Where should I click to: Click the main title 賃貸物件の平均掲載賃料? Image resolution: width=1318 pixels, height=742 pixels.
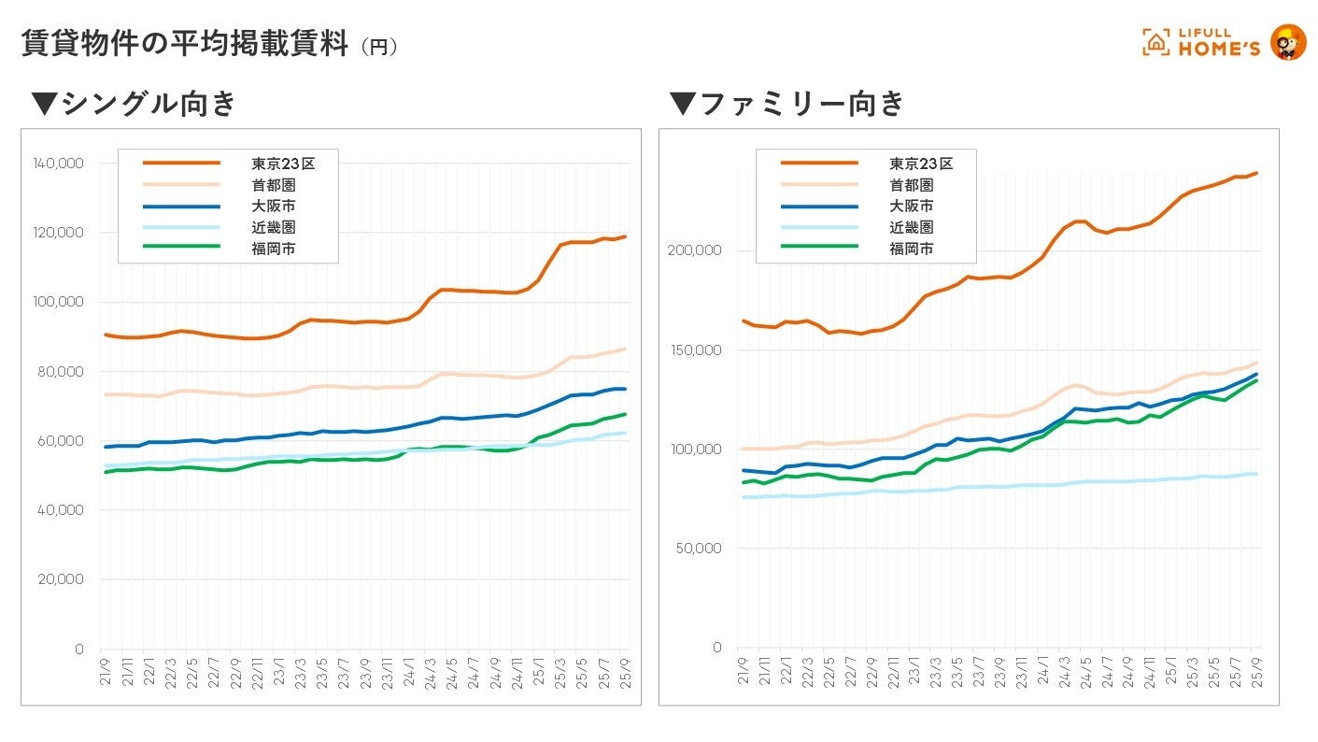tap(185, 43)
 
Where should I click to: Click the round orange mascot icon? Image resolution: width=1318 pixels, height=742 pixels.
tap(1289, 42)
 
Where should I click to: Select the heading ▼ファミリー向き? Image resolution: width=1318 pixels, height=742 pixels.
tap(787, 103)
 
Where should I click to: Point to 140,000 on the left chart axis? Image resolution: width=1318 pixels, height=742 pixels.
tap(58, 164)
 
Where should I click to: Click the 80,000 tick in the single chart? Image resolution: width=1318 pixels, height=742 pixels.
tap(62, 371)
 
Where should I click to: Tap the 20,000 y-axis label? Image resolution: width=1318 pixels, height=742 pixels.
tap(62, 579)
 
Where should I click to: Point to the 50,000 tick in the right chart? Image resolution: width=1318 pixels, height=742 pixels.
tap(699, 548)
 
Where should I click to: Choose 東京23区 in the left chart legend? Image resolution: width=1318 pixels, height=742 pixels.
tap(283, 164)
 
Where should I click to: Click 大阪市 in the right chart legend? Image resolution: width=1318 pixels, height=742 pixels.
tap(912, 206)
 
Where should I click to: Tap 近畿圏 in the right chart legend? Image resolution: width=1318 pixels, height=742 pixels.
tap(912, 227)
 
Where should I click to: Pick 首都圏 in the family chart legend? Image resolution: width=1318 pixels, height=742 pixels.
tap(912, 185)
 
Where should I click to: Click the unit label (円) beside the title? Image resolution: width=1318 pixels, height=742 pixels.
tap(379, 47)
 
